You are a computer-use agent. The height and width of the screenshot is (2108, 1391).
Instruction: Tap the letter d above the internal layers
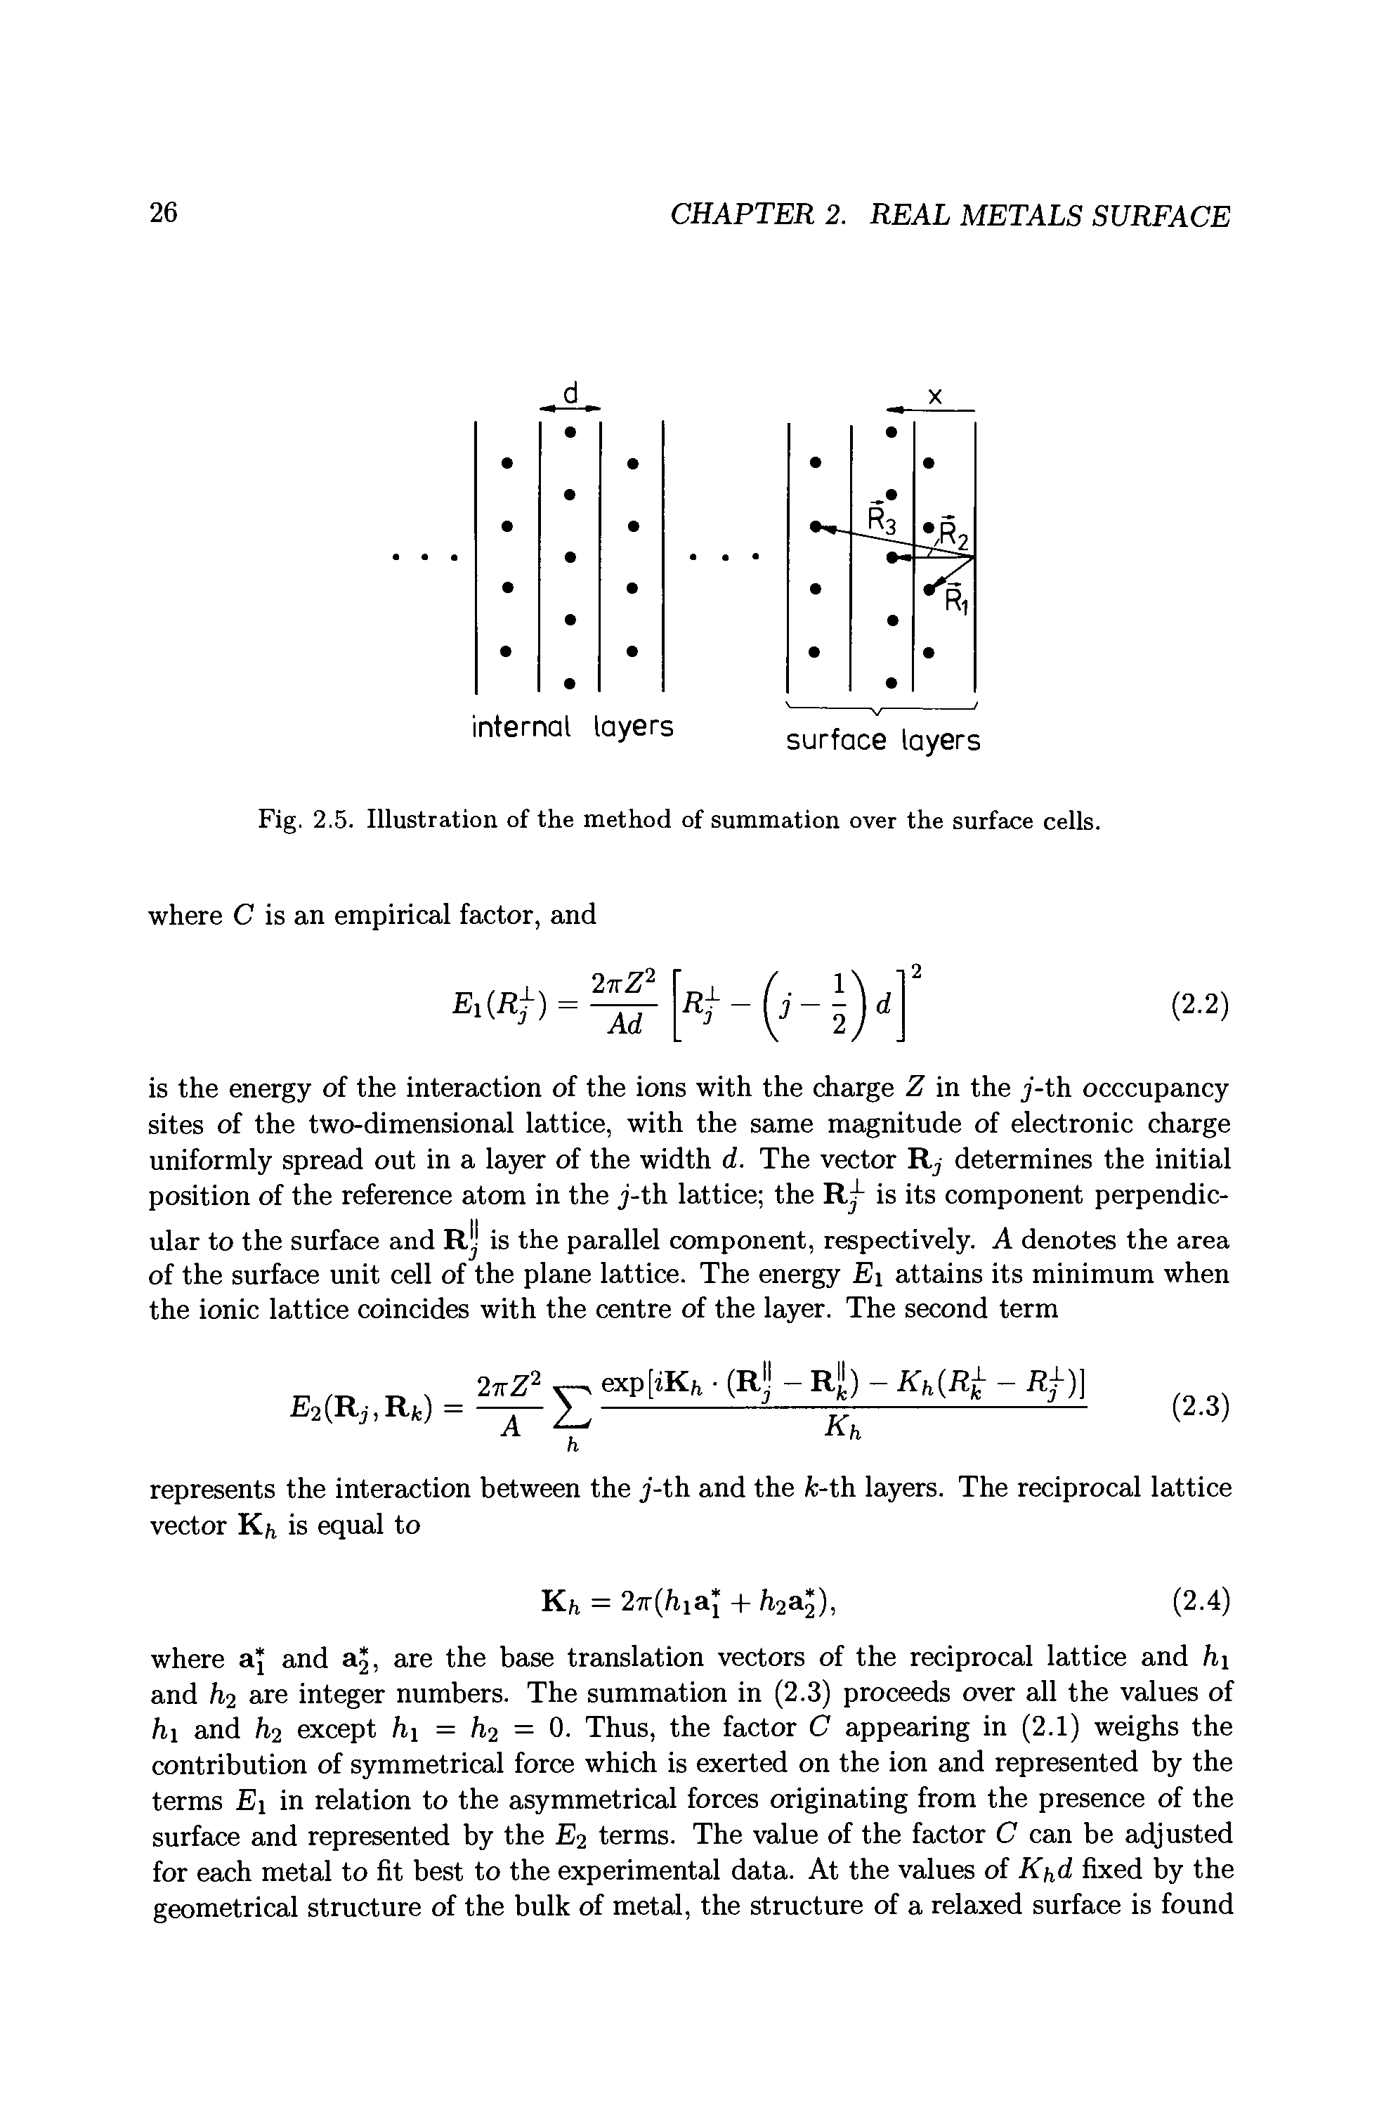pos(571,391)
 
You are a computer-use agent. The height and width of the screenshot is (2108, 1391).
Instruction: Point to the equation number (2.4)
pos(1199,1600)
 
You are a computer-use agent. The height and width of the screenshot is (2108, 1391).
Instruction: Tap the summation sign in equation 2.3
pos(575,1408)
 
